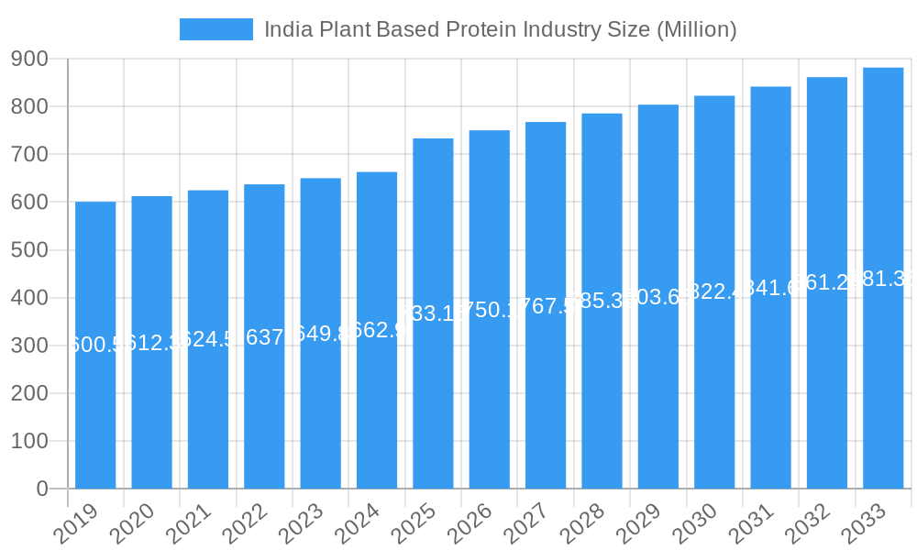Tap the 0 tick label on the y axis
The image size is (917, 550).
point(41,489)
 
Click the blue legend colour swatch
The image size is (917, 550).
point(215,29)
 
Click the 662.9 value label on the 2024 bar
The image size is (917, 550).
point(377,330)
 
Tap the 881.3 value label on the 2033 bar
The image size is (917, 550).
point(883,280)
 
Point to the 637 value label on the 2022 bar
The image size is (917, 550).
point(264,337)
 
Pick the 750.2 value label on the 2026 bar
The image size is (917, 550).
point(490,310)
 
